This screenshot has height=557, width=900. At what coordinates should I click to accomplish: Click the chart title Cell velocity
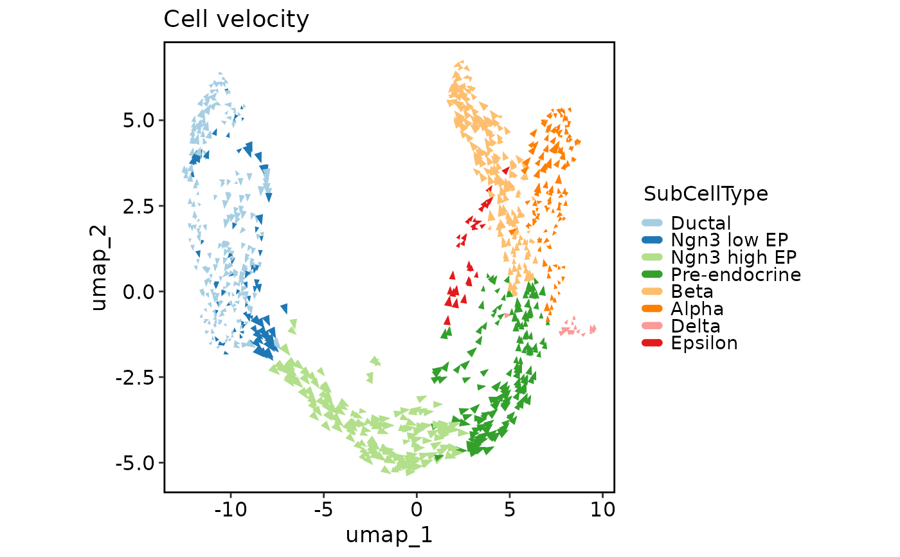236,20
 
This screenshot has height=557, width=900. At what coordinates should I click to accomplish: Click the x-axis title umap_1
389,534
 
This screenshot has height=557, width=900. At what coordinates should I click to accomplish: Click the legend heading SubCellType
705,194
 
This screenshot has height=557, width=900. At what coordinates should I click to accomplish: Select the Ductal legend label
701,223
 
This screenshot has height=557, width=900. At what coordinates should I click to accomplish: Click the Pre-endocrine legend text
735,275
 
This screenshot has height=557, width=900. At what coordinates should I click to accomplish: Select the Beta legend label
692,292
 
